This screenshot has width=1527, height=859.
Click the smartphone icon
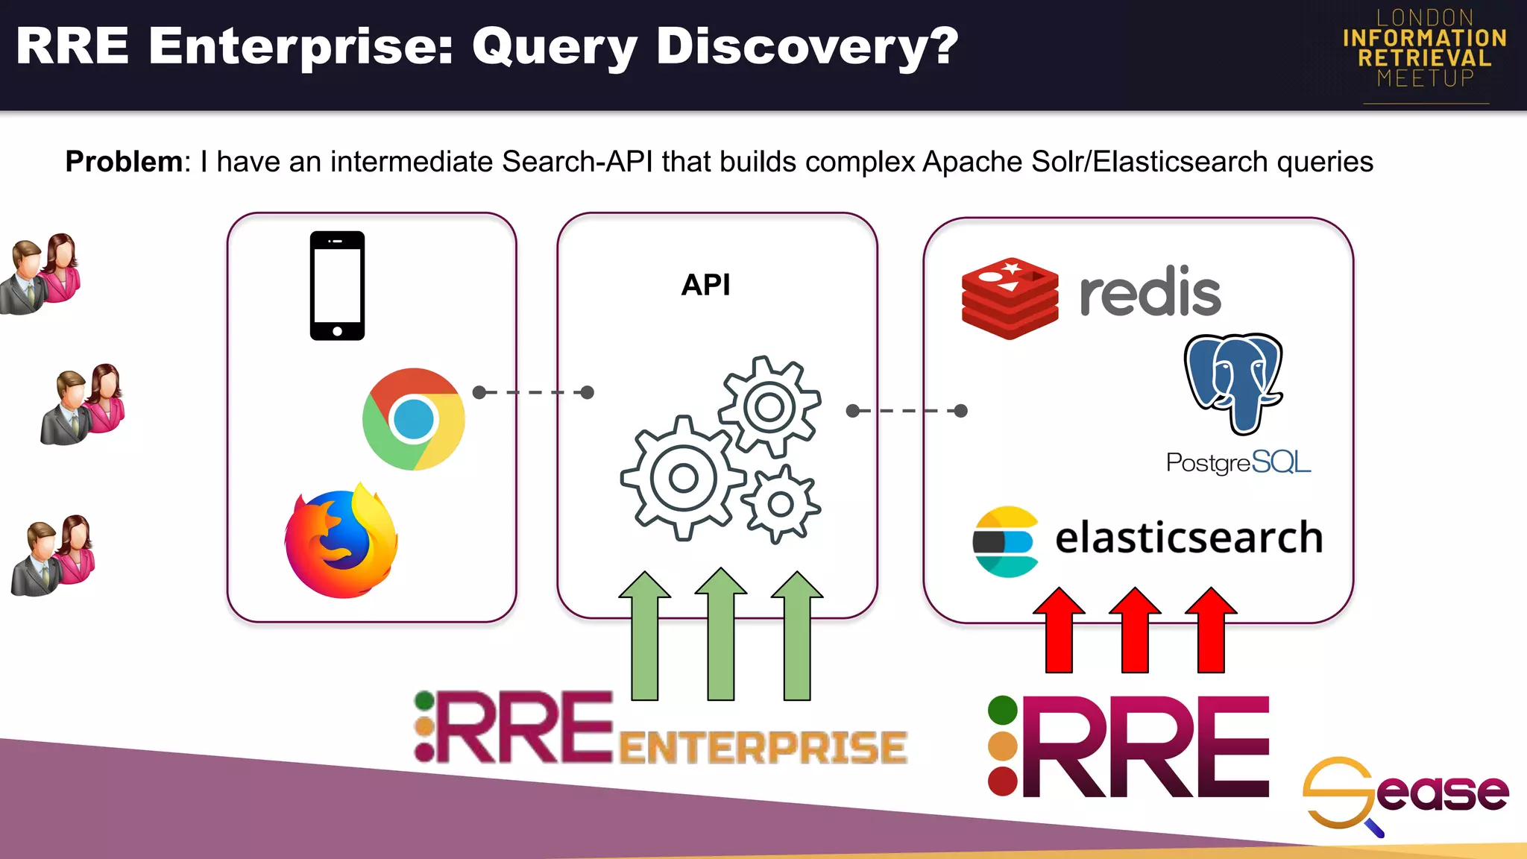coord(337,286)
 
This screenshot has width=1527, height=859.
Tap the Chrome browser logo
coord(414,419)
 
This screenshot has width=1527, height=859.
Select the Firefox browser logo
coord(341,541)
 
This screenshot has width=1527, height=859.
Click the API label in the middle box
coord(705,285)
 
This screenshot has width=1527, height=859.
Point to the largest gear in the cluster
coord(682,478)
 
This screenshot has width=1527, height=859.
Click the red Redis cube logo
coord(1010,298)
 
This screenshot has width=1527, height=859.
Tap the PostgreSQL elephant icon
coord(1234,383)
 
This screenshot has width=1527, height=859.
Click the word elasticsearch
coord(1188,538)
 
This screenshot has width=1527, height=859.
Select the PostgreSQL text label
coord(1238,462)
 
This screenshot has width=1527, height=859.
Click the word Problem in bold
coord(124,162)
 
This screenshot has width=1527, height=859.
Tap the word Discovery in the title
coord(807,46)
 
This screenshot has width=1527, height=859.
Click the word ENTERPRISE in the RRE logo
coord(762,747)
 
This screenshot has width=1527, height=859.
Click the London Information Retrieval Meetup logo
coord(1425,48)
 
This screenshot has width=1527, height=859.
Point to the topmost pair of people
coord(42,273)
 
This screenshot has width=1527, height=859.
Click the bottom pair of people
coord(54,554)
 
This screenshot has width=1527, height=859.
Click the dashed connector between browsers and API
coord(533,392)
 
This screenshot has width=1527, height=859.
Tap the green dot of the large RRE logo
coord(1002,710)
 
